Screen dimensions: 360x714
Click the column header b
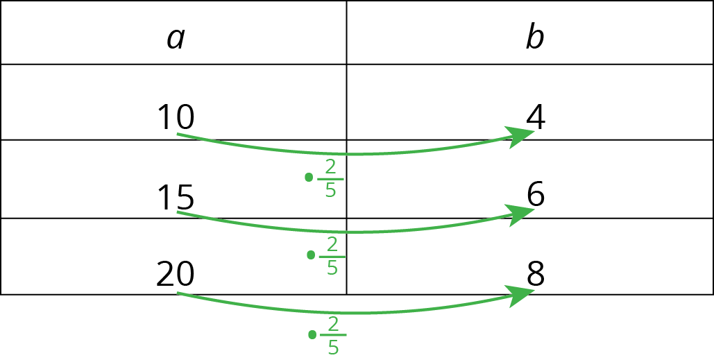pos(534,39)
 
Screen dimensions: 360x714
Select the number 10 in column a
pos(176,117)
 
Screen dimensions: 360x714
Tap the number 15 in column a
pos(176,198)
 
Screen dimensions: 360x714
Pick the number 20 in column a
pos(175,275)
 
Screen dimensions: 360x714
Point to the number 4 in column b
pos(535,117)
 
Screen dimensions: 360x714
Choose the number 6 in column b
pos(535,196)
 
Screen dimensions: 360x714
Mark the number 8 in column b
pos(535,275)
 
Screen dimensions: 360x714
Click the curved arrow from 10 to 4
pos(347,153)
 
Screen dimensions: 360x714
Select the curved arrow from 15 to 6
pos(347,232)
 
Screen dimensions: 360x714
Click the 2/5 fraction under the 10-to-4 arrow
pos(330,178)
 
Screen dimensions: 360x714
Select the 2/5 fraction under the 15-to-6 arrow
pos(332,256)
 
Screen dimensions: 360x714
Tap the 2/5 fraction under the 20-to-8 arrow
pos(333,336)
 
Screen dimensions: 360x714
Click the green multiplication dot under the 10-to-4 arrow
pos(309,178)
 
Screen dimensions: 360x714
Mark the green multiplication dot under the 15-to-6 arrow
pos(310,255)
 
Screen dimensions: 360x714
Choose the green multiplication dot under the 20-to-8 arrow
pos(312,335)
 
